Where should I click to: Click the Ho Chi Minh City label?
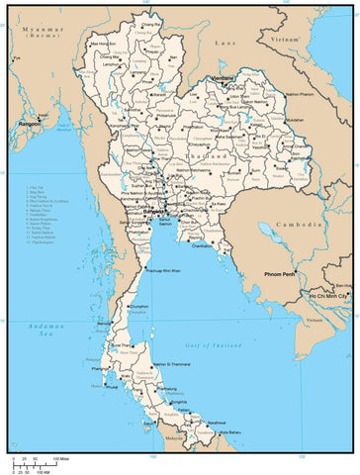330,296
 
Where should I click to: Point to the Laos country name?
227,45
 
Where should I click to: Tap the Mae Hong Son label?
102,44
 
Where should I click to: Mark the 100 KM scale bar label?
45,471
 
